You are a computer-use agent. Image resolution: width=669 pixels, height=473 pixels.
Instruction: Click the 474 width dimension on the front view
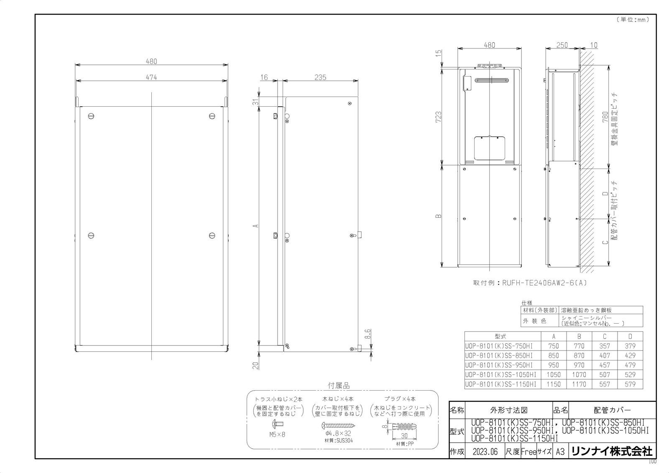[151, 77]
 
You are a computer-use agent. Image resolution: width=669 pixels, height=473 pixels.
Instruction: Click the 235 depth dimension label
[320, 77]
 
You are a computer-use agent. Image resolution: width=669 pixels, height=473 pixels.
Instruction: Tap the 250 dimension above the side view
[562, 45]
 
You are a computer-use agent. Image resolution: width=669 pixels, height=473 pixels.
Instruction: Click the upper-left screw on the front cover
[91, 115]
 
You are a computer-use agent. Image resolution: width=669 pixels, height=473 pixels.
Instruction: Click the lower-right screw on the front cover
[212, 236]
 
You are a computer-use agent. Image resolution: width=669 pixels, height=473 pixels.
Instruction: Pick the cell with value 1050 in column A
[554, 375]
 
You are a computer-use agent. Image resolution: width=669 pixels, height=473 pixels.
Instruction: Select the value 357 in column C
[604, 346]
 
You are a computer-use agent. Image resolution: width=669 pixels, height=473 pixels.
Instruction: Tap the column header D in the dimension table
[630, 336]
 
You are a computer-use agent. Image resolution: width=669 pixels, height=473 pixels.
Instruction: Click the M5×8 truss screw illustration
[277, 426]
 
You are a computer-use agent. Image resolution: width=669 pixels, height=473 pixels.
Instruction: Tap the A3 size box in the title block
[560, 452]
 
